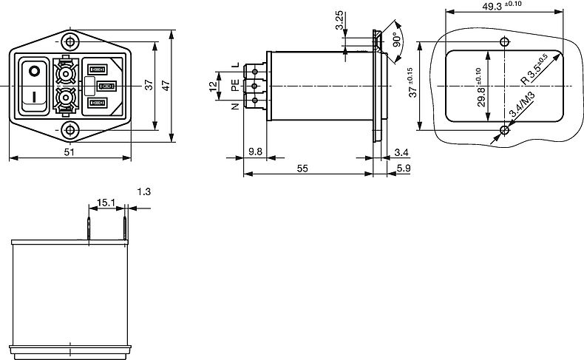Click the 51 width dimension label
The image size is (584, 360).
69,152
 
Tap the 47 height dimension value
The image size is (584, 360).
166,86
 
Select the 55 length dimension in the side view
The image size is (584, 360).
302,169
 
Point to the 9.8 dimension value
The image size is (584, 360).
255,152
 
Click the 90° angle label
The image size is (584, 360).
397,39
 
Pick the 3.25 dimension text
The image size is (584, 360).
339,20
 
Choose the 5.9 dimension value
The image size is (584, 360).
404,169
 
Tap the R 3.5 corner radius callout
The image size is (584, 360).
534,69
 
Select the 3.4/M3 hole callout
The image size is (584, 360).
522,105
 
